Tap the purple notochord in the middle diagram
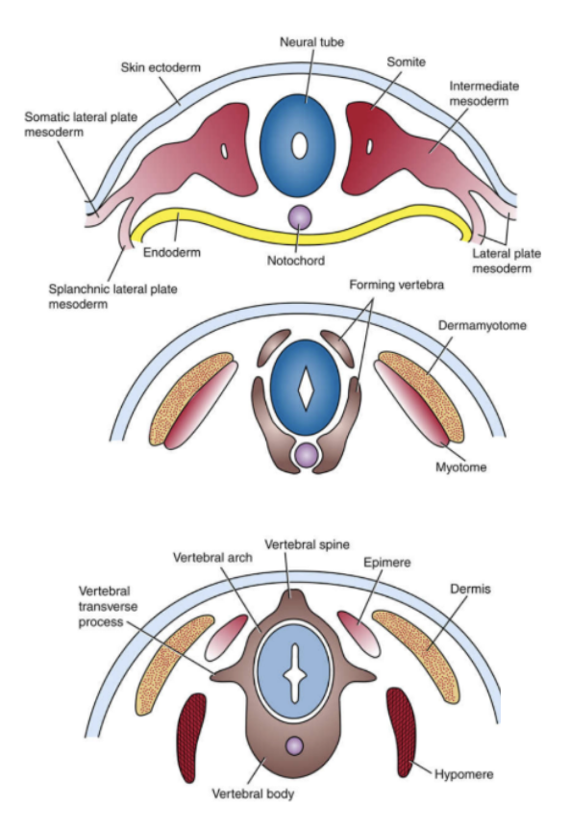(307, 453)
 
